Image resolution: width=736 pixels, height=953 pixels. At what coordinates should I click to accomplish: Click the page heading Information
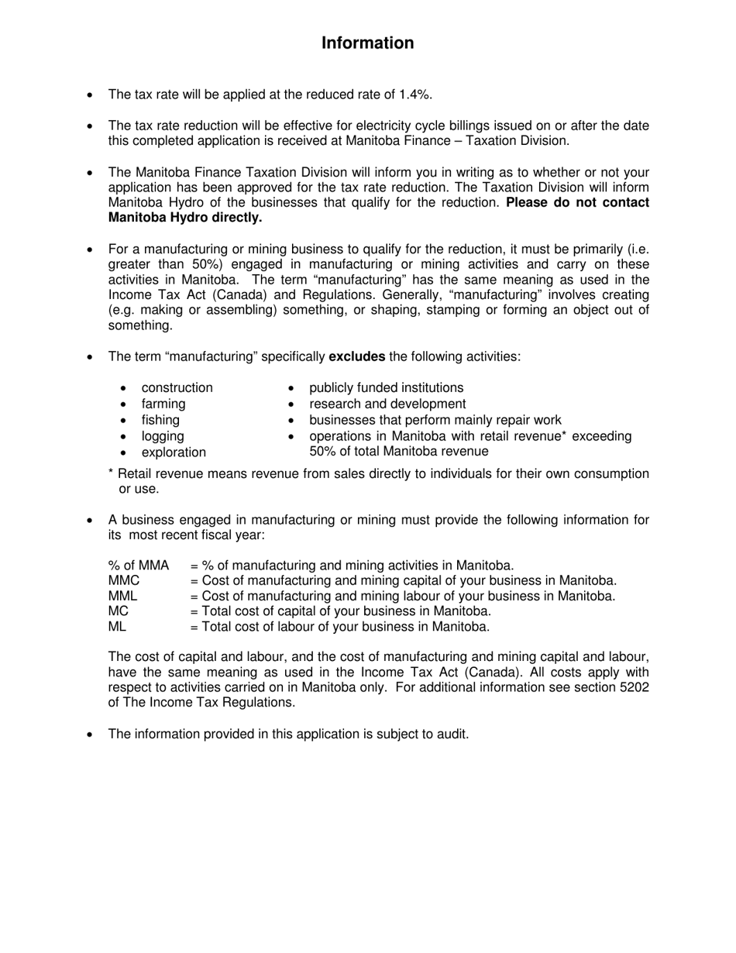(367, 43)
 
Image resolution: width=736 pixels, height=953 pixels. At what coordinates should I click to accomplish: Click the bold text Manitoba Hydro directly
(185, 218)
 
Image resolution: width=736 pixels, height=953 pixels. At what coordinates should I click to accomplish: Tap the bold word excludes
(357, 356)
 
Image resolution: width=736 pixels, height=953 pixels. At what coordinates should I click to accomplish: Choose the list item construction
(177, 387)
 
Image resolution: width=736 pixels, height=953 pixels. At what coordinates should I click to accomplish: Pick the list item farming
(163, 404)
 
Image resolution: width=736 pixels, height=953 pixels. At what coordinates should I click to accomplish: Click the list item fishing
(160, 420)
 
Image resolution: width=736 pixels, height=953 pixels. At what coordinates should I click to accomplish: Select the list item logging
(163, 436)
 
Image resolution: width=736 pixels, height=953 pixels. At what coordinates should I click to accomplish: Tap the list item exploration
(174, 452)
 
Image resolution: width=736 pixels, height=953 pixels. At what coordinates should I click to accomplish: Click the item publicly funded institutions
(386, 387)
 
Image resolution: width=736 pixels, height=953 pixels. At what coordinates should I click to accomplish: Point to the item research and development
(387, 404)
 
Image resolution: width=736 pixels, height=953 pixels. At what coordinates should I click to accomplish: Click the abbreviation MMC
(124, 580)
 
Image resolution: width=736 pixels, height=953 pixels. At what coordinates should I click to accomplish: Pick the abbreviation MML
(123, 596)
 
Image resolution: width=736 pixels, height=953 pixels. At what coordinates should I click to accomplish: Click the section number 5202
(635, 687)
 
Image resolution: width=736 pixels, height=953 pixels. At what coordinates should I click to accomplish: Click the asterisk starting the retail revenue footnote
(112, 473)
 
